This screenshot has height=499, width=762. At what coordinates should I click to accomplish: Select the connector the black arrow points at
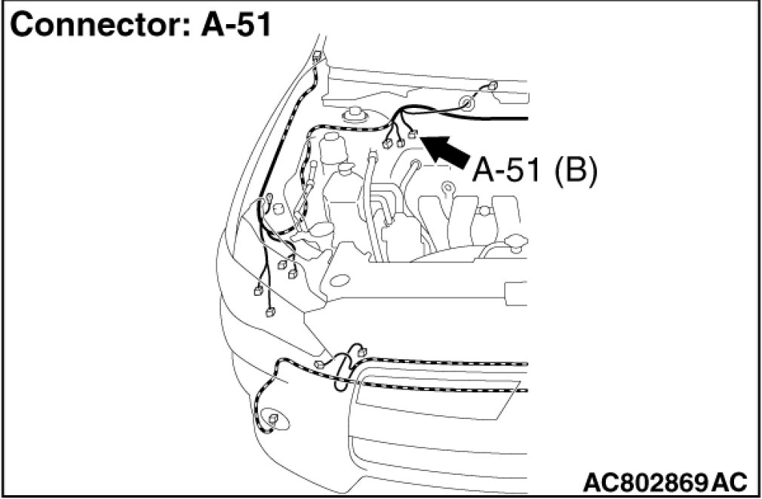pyautogui.click(x=412, y=135)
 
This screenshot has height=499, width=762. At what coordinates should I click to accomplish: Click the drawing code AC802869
pyautogui.click(x=644, y=481)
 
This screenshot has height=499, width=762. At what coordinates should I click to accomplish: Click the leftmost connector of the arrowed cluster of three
pyautogui.click(x=388, y=143)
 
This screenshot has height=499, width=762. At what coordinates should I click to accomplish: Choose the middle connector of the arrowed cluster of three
pyautogui.click(x=399, y=140)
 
